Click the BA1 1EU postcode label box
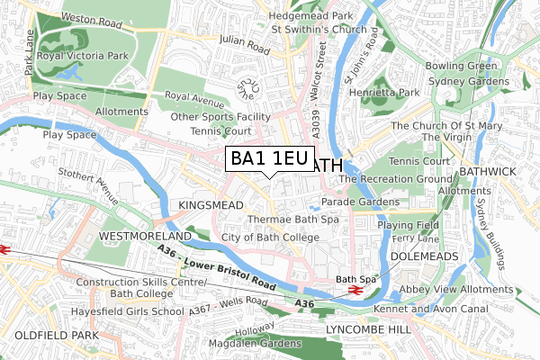(x=269, y=159)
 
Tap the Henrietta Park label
(x=386, y=93)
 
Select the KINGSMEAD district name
(x=211, y=206)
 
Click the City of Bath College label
(x=270, y=238)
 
